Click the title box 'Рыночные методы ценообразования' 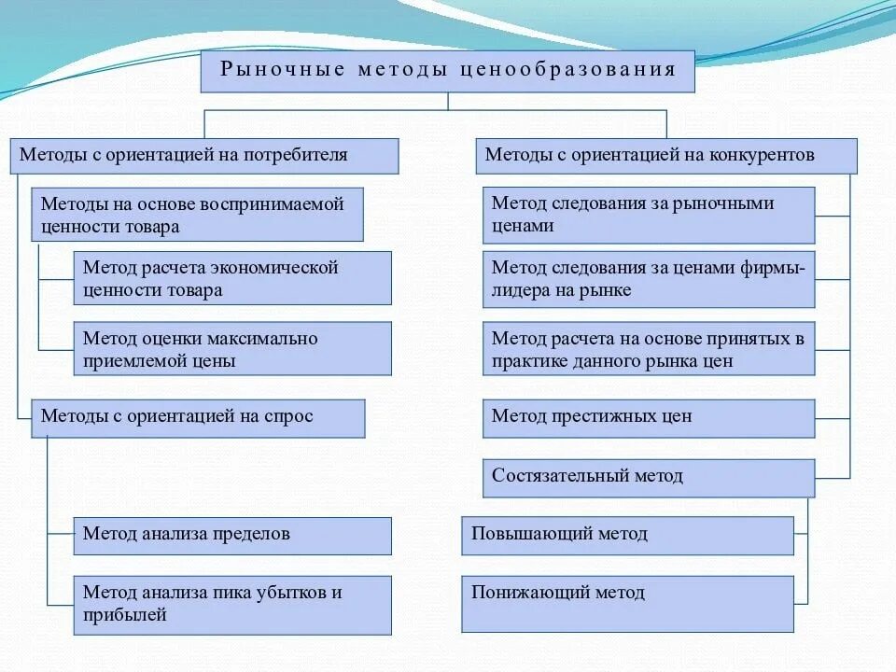(448, 71)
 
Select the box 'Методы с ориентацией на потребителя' (204, 156)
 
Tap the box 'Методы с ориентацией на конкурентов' (666, 156)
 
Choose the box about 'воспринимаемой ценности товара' (197, 215)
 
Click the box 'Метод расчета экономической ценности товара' (232, 278)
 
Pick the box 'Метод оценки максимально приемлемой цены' (232, 349)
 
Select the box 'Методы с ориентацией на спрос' (198, 418)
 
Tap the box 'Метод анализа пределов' (232, 536)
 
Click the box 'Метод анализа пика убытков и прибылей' (232, 604)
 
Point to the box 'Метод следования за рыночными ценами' (649, 215)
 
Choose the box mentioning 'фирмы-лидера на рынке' (649, 279)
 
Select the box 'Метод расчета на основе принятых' (649, 349)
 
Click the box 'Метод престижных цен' (649, 418)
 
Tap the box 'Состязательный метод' (649, 477)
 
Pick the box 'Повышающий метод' (627, 536)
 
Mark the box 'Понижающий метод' (627, 603)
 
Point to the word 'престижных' (600, 416)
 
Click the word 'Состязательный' (551, 476)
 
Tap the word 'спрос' (292, 417)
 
